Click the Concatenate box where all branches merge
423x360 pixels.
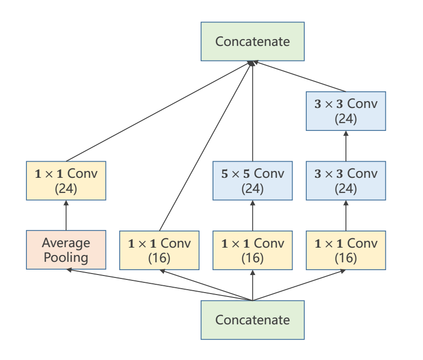click(x=253, y=42)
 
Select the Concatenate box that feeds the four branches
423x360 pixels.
click(x=253, y=320)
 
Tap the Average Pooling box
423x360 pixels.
click(x=66, y=250)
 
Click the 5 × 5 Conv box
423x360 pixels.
click(x=253, y=181)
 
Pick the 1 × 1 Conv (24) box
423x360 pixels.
click(x=66, y=181)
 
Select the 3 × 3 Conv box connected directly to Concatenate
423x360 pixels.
click(x=346, y=111)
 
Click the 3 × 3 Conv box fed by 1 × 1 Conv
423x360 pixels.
click(x=346, y=181)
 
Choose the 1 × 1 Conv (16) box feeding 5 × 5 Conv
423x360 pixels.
click(x=253, y=250)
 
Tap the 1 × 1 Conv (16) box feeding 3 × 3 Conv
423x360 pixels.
click(x=346, y=250)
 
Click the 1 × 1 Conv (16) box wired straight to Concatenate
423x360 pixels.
click(x=159, y=250)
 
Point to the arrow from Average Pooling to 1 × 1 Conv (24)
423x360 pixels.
click(x=66, y=215)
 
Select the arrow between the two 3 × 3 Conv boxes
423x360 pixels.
click(x=346, y=146)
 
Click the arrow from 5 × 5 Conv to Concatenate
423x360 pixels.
click(x=253, y=112)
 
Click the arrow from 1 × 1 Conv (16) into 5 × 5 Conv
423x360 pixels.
click(x=253, y=215)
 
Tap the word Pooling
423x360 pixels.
click(x=66, y=257)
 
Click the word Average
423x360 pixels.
click(x=66, y=243)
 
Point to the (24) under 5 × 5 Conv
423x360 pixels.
click(x=253, y=189)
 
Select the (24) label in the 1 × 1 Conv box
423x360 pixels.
click(x=66, y=189)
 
